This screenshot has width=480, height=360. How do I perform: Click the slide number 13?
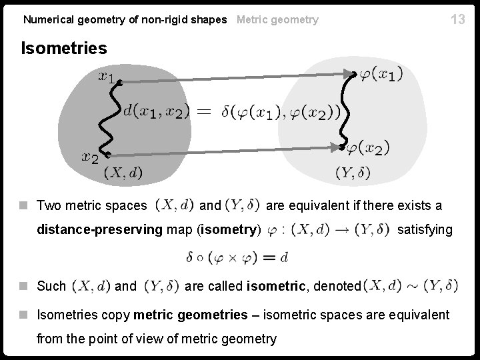coord(457,19)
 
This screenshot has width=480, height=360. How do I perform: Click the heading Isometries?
coord(64,49)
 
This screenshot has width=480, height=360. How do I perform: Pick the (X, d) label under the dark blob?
coord(123,173)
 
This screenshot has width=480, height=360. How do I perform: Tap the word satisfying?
coord(425,230)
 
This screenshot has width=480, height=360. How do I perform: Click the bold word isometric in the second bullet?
coord(273,287)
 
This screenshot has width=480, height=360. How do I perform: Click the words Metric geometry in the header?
coord(277,20)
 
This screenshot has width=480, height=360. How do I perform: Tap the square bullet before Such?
coord(24,287)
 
